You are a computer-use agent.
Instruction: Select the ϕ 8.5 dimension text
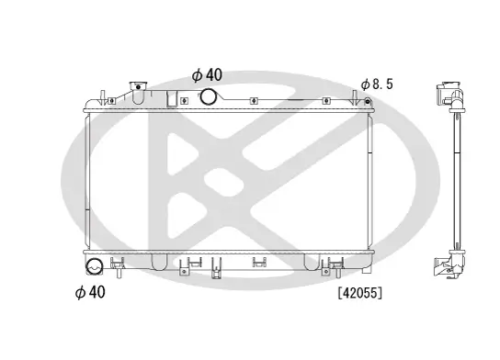tap(378, 84)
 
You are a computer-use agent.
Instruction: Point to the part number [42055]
tap(359, 293)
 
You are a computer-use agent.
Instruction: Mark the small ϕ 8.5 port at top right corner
tap(367, 103)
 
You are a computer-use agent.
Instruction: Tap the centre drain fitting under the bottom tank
tap(218, 267)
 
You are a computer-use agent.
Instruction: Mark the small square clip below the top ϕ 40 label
tap(185, 101)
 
